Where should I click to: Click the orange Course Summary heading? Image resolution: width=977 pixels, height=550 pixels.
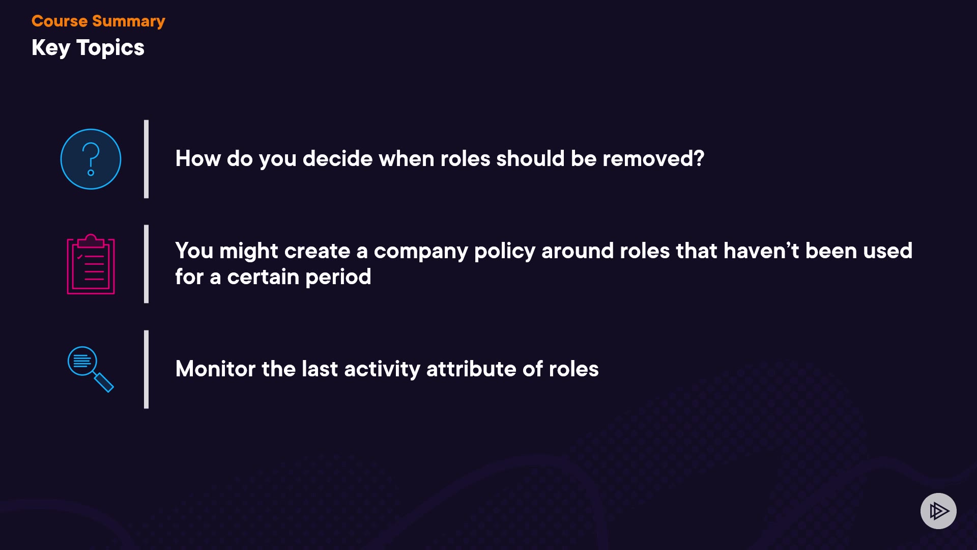[98, 21]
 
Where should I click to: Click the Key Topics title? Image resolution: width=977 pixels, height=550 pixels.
[88, 48]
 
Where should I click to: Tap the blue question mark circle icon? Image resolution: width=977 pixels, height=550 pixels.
[91, 159]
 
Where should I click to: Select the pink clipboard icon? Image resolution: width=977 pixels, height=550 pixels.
[91, 264]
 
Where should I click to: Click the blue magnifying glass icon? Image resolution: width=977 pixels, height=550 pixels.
[91, 369]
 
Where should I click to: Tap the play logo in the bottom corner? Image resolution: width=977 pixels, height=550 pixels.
[938, 511]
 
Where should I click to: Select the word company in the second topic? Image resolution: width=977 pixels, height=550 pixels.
[421, 252]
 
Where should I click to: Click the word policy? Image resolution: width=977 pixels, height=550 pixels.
[505, 252]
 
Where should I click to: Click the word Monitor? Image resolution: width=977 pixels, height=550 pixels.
[215, 369]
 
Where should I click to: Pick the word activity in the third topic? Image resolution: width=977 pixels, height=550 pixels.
[382, 369]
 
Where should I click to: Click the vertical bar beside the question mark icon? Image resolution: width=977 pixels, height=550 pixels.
[147, 159]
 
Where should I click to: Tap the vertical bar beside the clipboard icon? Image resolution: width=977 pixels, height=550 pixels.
[147, 264]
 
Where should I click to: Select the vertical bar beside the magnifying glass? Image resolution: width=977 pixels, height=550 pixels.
[147, 369]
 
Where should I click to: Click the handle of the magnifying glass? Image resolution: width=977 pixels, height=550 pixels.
[104, 382]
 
